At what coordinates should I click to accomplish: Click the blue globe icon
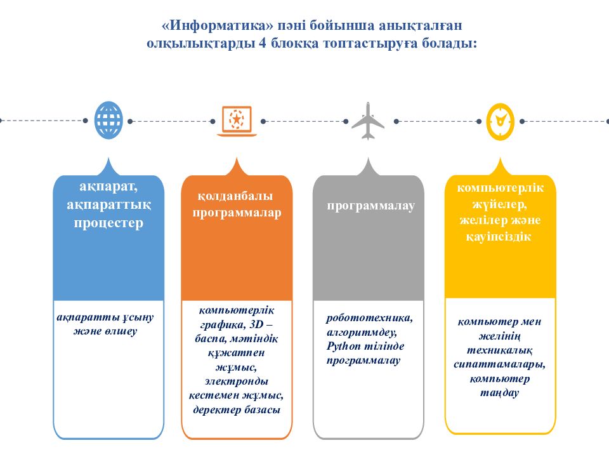point(108,121)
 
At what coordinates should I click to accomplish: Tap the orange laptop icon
point(237,121)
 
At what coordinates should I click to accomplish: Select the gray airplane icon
point(368,121)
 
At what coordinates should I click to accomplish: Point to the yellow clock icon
point(501,122)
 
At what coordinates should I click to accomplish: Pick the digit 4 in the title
point(263,43)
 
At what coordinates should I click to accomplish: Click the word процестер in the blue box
point(108,223)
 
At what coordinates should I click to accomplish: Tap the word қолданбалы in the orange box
point(235,196)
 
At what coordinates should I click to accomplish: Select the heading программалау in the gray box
point(371,206)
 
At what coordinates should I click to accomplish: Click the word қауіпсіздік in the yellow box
point(499,237)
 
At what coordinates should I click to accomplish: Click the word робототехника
point(369,318)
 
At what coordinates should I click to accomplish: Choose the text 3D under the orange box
point(257,324)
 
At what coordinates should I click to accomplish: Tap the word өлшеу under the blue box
point(121,331)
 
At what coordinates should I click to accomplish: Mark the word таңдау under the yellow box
point(499,393)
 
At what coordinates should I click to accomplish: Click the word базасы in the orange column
point(262,409)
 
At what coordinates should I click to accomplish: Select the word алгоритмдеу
point(362,332)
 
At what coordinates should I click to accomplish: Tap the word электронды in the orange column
point(237,381)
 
